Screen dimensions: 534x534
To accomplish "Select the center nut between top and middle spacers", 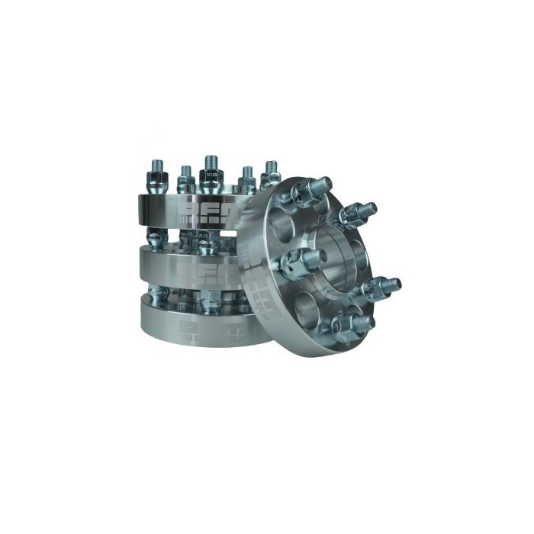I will pyautogui.click(x=206, y=244).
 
